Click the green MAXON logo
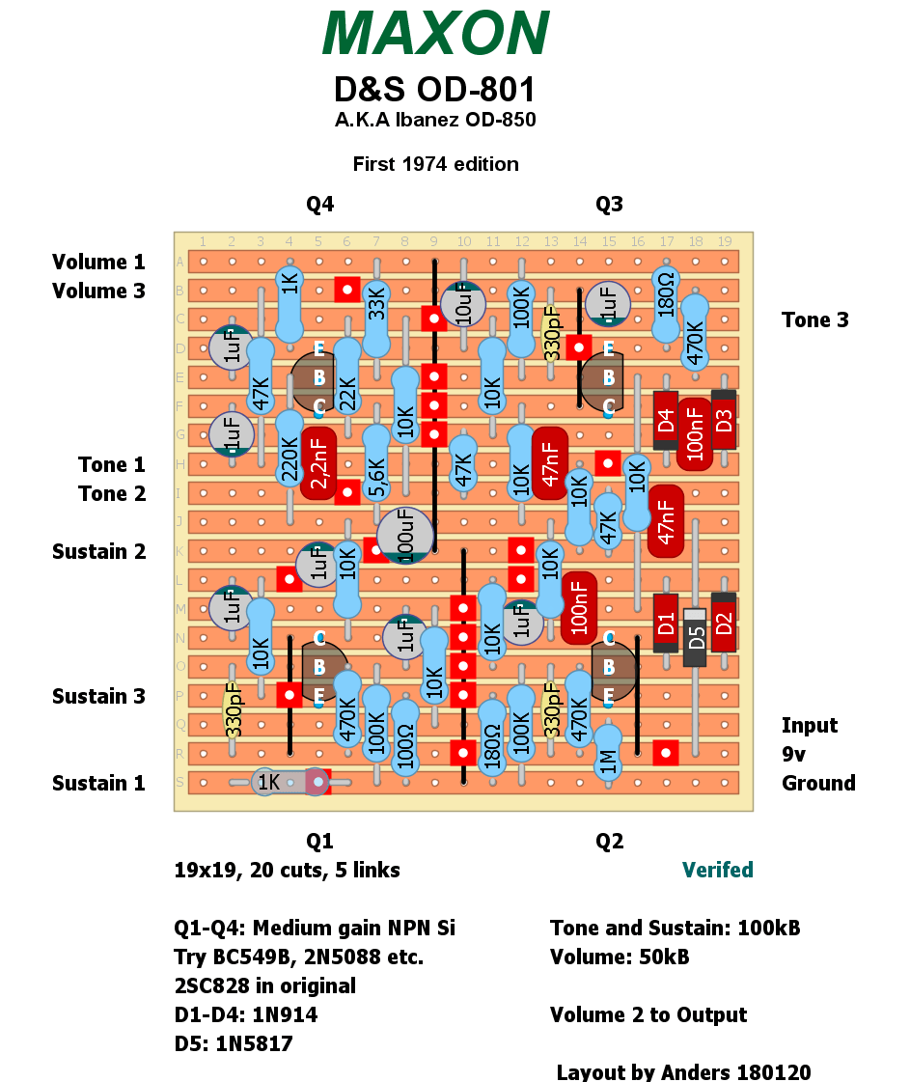(x=436, y=33)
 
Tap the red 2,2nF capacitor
(x=318, y=463)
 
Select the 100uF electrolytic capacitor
(x=405, y=535)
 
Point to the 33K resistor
(x=376, y=319)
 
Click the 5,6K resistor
(x=376, y=463)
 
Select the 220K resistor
(x=290, y=449)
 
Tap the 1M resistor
(x=608, y=753)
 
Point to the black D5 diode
(x=695, y=637)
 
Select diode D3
(x=724, y=420)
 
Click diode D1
(x=666, y=623)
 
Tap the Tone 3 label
(x=814, y=320)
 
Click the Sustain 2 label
(x=98, y=552)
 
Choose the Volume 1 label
(x=98, y=263)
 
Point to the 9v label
(x=793, y=754)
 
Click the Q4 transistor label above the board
(x=320, y=205)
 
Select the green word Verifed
(x=718, y=870)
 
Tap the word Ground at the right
(x=818, y=783)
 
